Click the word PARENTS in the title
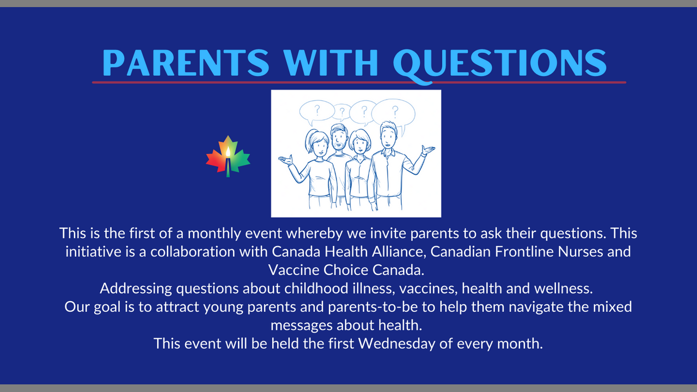click(186, 63)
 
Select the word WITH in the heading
click(331, 63)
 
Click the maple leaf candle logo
click(228, 156)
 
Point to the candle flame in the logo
click(228, 152)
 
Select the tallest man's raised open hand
click(428, 150)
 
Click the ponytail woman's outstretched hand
click(286, 160)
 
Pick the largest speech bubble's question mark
click(395, 111)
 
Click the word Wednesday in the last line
click(397, 344)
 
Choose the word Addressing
click(136, 289)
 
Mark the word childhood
click(316, 289)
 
